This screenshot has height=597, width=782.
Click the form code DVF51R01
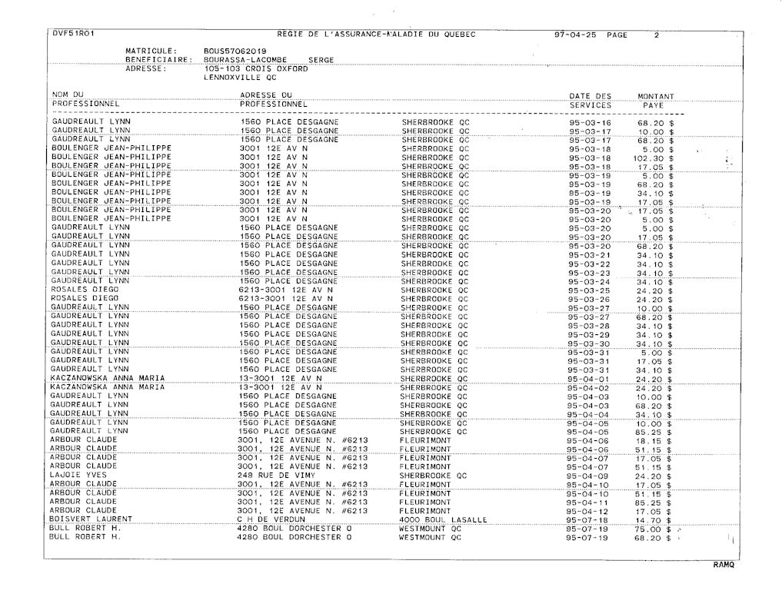73,34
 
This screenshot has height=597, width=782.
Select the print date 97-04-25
575,35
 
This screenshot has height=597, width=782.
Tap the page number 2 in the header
657,35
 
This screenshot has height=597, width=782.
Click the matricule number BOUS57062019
230,51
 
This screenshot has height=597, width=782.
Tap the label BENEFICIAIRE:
158,59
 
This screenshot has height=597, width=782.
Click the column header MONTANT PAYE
655,100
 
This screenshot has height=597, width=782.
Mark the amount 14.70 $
655,520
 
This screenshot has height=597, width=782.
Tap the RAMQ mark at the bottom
724,565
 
